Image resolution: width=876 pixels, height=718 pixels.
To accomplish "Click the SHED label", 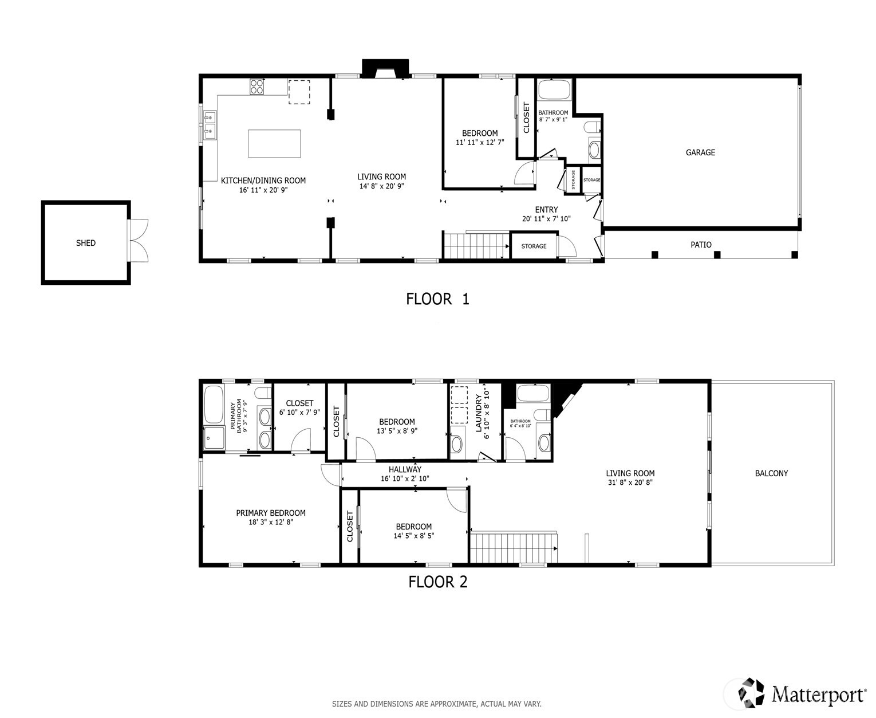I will click(x=86, y=243).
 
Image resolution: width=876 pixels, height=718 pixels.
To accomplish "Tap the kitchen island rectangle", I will click(x=274, y=143).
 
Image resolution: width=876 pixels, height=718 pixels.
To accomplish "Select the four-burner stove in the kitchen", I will click(x=257, y=87).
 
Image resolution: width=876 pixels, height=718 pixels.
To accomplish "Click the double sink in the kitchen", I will click(x=210, y=125).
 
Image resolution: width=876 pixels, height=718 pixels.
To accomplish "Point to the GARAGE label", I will click(x=700, y=152).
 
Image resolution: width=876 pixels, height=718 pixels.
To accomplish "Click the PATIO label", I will click(x=701, y=245).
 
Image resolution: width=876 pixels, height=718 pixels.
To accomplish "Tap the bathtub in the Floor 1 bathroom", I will click(x=554, y=91).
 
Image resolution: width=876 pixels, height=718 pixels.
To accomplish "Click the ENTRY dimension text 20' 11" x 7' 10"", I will click(x=546, y=219).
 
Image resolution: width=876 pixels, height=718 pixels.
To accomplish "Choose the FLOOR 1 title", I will click(x=437, y=299).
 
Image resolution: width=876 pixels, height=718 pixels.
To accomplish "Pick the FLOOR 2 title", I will click(x=437, y=582).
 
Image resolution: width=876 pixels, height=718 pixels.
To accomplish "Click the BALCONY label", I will click(x=771, y=473).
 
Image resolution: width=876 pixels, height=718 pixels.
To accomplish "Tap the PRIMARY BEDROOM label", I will click(x=271, y=513).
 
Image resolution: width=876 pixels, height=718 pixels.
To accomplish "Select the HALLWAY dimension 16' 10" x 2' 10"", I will click(x=405, y=478).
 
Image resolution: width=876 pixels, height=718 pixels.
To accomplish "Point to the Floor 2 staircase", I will click(x=513, y=548).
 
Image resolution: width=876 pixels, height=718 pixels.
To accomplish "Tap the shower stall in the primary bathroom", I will click(x=215, y=438).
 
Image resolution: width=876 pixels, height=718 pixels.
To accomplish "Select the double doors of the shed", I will click(x=139, y=241).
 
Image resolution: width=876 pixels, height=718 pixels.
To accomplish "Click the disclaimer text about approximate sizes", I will click(x=436, y=704).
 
